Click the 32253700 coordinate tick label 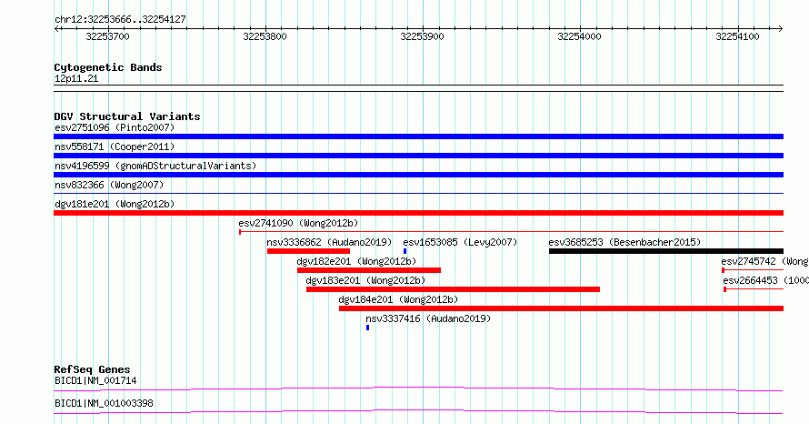[107, 36]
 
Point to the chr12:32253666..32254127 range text [120, 20]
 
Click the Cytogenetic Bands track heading [108, 67]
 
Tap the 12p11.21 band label [76, 78]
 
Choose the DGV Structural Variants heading [127, 116]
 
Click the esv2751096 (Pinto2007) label [115, 127]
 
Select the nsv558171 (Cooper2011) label [115, 146]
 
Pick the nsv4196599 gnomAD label [155, 166]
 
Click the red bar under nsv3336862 [308, 251]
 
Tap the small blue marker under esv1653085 [405, 251]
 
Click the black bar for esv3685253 [666, 251]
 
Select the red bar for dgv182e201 [369, 270]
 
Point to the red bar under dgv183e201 [453, 289]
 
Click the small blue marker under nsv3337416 [367, 328]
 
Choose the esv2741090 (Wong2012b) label [298, 223]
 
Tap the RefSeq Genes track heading [93, 369]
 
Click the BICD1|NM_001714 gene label [95, 381]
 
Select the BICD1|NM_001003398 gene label [104, 403]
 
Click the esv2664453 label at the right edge [765, 280]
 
